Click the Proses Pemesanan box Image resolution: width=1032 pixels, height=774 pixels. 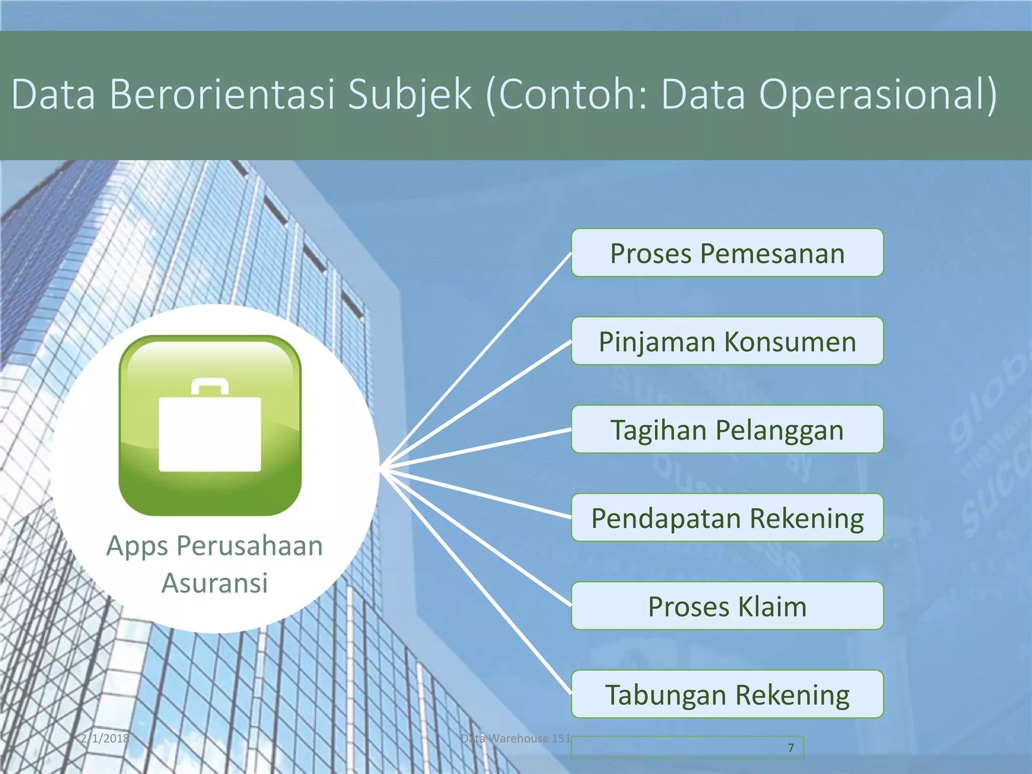(x=727, y=253)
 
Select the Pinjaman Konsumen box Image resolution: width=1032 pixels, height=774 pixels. (x=727, y=341)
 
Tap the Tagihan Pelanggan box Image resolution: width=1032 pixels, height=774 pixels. (x=727, y=429)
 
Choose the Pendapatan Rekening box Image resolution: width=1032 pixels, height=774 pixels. (x=727, y=518)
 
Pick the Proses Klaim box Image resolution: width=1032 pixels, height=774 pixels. (x=727, y=606)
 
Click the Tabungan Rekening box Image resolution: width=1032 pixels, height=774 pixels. (x=727, y=694)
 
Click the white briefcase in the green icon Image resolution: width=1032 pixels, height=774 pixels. (x=210, y=433)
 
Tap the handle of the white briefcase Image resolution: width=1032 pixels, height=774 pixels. (x=210, y=385)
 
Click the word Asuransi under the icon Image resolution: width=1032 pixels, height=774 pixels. (x=215, y=584)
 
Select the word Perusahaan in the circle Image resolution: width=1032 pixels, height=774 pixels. (x=249, y=546)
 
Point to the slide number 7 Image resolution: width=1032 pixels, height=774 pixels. (x=791, y=748)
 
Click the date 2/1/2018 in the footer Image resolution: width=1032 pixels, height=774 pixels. (x=105, y=739)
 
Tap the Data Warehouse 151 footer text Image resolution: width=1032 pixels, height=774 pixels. (x=515, y=739)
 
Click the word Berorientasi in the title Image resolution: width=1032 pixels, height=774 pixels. (x=222, y=95)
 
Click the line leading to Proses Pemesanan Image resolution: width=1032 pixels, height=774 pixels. (x=479, y=357)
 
